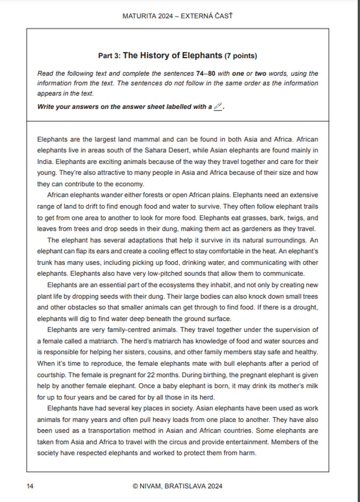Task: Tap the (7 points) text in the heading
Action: click(x=240, y=56)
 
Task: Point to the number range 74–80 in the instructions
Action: click(x=206, y=73)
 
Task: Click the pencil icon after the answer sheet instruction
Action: click(x=218, y=106)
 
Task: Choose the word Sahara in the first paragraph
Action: click(x=155, y=150)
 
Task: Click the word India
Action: click(x=45, y=161)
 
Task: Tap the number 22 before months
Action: click(x=151, y=375)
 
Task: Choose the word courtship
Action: click(x=51, y=375)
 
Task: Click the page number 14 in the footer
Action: click(x=30, y=486)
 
